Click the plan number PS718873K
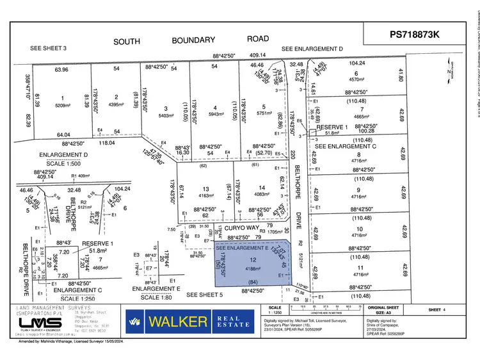click(x=415, y=35)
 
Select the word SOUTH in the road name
click(x=127, y=42)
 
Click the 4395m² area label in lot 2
click(x=116, y=104)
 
